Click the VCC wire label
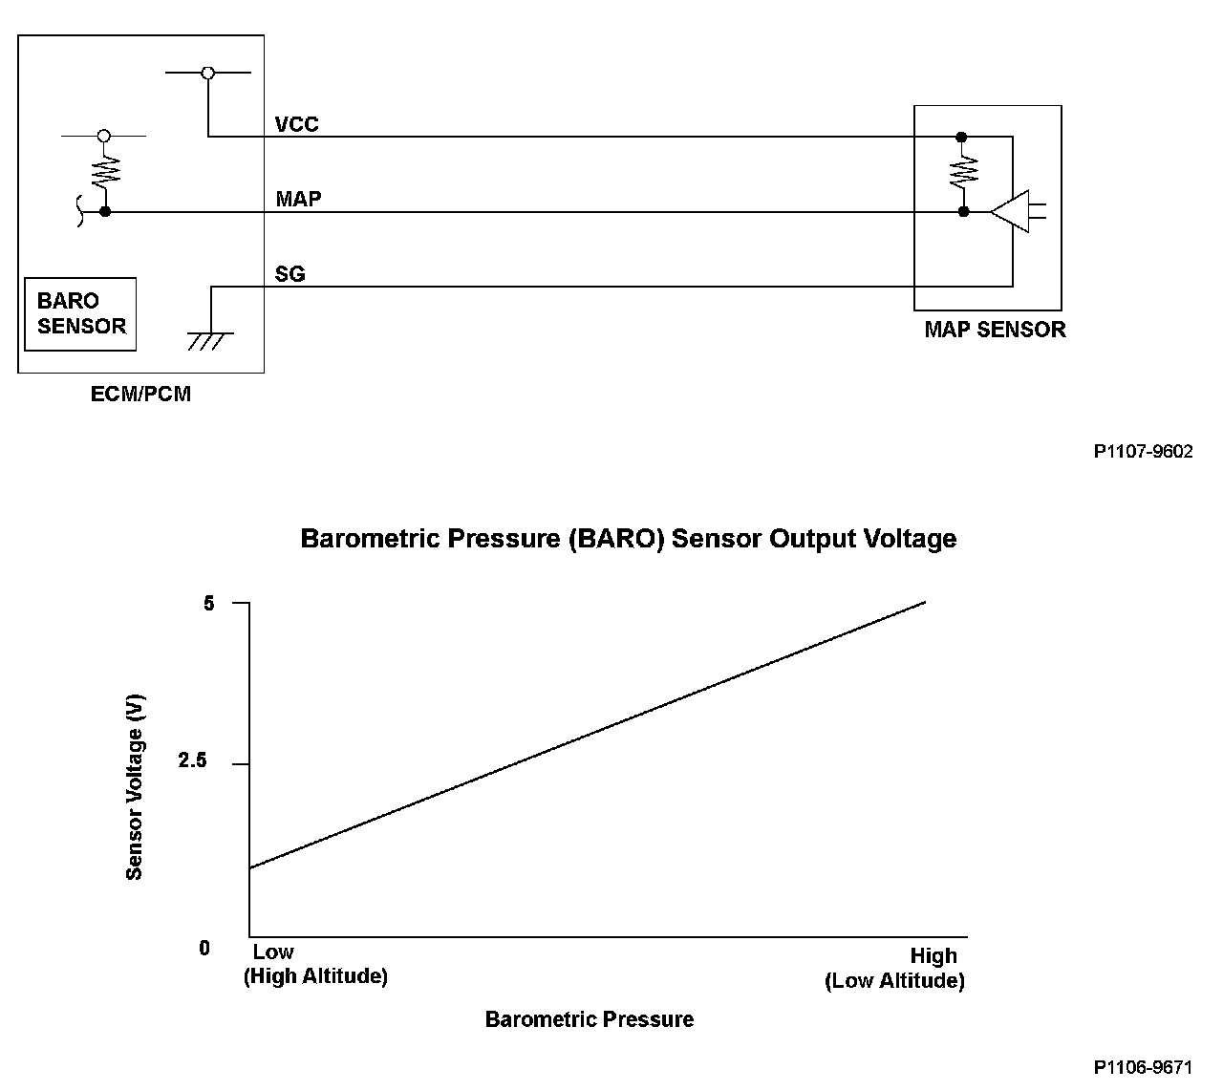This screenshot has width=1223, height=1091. (296, 124)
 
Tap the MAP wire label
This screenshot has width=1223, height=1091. (298, 200)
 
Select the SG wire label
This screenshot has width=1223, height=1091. (290, 274)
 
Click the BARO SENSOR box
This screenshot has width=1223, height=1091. (80, 314)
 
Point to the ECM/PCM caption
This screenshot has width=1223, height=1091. (140, 394)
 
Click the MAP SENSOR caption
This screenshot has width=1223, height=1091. (994, 331)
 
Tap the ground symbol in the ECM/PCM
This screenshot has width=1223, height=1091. (210, 338)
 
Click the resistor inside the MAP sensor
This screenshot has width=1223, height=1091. (963, 173)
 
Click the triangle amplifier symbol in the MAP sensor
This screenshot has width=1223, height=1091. (1010, 211)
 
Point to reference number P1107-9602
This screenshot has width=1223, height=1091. (1143, 452)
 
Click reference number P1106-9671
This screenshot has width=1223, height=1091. (1143, 1066)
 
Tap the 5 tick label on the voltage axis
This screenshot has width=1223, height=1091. (209, 604)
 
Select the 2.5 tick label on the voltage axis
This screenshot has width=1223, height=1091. (192, 762)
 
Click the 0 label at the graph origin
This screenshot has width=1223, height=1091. (204, 949)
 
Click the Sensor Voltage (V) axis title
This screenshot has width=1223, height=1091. (135, 785)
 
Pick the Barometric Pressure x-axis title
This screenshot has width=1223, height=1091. (589, 1019)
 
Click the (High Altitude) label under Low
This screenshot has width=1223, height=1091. (315, 977)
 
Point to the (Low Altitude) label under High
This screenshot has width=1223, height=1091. (894, 981)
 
